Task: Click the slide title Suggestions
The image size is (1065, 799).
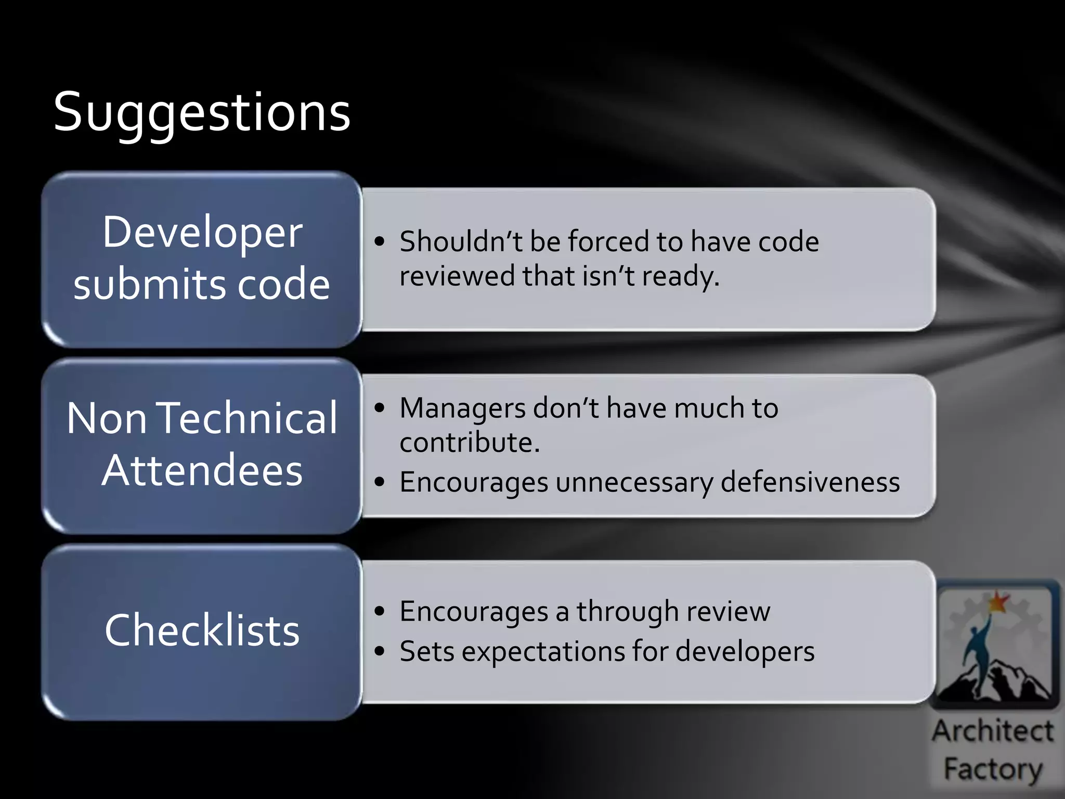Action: pos(202,112)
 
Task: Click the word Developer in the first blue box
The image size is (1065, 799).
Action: pos(202,232)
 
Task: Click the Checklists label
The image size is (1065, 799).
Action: pos(202,630)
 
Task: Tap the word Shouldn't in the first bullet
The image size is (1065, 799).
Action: pos(461,241)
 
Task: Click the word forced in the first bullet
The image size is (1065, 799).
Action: pos(608,241)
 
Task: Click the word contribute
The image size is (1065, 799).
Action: pos(468,443)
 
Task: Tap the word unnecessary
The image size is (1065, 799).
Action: pos(634,483)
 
